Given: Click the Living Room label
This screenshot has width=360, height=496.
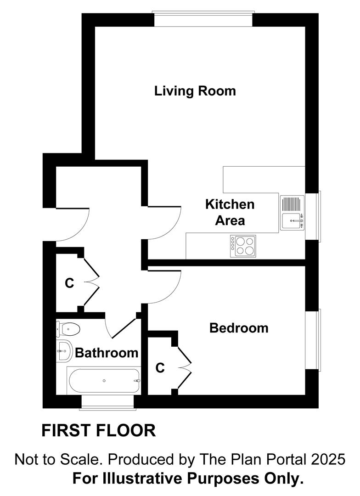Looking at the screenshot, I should point(195,91).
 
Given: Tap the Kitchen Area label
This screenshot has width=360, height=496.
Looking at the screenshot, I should point(230,212).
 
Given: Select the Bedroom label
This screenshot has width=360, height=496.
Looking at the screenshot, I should point(239,328).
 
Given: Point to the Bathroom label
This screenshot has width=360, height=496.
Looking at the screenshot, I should point(107,353).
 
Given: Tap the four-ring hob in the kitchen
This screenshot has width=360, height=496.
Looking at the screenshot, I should point(243,246).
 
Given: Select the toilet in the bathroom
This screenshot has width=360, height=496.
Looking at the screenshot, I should point(67,329).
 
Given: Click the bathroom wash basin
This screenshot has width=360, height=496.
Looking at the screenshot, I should point(64,351).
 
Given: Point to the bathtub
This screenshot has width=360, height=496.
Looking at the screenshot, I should point(104,380).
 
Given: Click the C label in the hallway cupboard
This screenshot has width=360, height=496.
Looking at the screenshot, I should point(69,283).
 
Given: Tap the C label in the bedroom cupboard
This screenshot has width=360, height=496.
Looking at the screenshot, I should point(160,368).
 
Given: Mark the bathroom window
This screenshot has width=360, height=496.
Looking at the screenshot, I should point(107,401).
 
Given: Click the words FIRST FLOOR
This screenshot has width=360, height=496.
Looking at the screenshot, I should point(99,431).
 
